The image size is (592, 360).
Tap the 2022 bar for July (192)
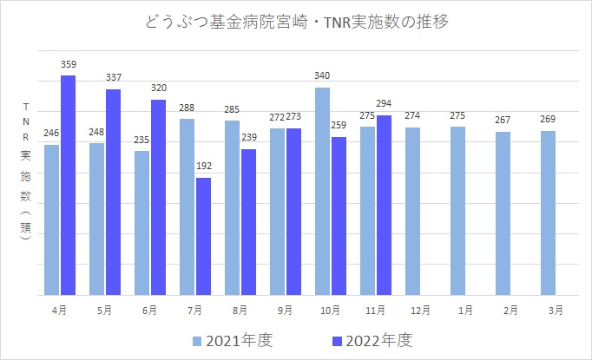(203, 236)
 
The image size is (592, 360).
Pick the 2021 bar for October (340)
(322, 191)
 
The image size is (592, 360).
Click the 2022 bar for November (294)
(384, 205)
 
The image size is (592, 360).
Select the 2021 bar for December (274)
(412, 211)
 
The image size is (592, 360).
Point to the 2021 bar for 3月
(548, 213)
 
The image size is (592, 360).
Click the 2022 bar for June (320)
(158, 197)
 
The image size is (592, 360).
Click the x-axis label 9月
(285, 309)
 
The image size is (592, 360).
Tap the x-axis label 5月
(104, 309)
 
